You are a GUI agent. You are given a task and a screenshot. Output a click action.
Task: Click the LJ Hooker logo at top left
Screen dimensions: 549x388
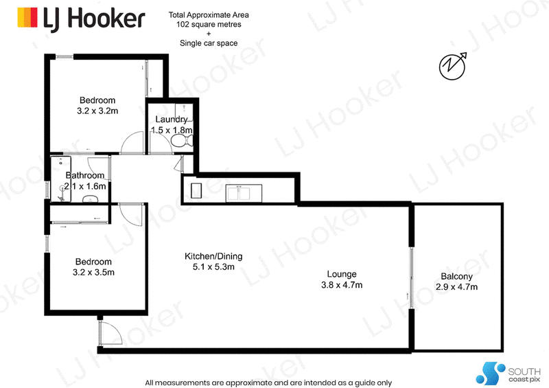pos(81,19)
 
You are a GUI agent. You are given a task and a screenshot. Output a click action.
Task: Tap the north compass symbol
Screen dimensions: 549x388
pos(453,66)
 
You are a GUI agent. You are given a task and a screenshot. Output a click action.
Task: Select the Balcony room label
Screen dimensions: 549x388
pos(456,276)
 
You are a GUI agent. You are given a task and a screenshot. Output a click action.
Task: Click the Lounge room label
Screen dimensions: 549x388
pos(342,274)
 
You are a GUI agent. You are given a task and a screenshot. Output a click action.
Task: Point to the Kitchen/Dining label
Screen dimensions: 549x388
pos(213,256)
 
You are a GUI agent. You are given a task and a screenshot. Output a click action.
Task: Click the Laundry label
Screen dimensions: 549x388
pos(172,119)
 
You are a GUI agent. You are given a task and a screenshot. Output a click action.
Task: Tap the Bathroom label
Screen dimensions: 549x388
pos(85,175)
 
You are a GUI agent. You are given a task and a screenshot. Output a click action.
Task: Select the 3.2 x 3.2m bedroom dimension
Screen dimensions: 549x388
pos(97,111)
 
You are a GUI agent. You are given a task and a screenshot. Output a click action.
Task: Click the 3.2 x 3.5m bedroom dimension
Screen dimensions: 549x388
pos(93,273)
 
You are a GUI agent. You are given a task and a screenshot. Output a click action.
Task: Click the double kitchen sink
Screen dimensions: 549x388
pos(244,193)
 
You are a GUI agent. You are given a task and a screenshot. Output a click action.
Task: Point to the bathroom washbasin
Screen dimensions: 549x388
pos(91,199)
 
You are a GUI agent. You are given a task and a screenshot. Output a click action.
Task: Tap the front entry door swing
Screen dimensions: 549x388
pos(110,333)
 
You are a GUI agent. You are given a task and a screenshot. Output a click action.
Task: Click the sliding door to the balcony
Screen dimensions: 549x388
pos(411,279)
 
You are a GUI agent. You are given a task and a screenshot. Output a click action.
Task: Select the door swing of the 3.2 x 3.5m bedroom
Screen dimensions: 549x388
pos(131,214)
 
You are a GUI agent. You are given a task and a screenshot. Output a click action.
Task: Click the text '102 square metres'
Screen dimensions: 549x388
pos(209,25)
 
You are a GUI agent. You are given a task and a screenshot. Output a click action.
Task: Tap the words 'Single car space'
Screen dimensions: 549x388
pos(209,43)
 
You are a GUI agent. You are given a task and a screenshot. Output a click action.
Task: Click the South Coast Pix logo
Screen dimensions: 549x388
pos(508,374)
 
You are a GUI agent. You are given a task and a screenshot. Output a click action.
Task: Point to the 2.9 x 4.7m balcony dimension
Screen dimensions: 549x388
pos(456,287)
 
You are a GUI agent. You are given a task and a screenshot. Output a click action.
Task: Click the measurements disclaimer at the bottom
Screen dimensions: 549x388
pos(268,383)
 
